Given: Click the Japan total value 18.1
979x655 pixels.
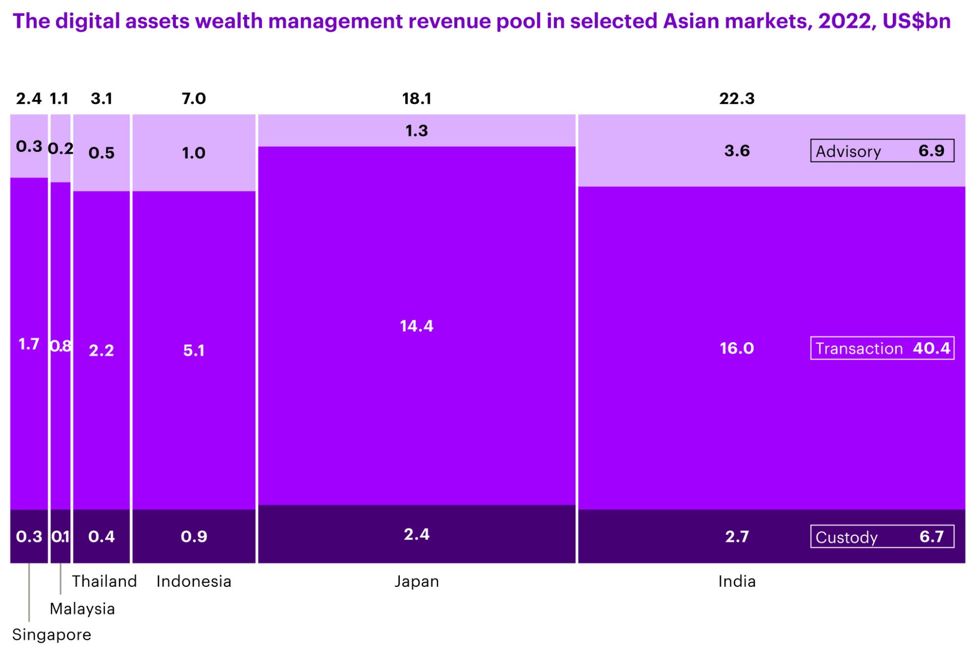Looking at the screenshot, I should tap(417, 98).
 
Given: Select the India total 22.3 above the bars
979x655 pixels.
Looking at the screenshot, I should tap(737, 98).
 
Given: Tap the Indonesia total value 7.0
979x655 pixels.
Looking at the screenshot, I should tap(194, 98).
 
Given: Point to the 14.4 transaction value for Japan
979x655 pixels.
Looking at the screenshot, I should tap(417, 326).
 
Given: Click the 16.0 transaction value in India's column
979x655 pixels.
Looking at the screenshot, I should tap(737, 348).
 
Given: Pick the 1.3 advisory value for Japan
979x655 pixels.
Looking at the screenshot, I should tap(417, 131).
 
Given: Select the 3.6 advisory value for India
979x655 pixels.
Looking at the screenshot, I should tap(737, 151).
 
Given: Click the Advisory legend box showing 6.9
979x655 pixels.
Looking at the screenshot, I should tap(882, 151).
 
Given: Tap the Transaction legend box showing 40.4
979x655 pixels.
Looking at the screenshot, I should tap(882, 348).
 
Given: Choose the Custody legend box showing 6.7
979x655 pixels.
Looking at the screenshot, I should tap(882, 537).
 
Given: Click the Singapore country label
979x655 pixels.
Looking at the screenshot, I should tap(51, 635).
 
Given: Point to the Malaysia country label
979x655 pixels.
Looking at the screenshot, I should tap(82, 609).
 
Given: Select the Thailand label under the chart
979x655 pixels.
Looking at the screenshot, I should tap(105, 581).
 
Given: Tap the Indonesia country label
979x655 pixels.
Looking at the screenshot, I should tap(194, 581).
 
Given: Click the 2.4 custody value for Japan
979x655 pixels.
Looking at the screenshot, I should tap(417, 534).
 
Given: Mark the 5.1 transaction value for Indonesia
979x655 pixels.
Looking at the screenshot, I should tap(194, 350).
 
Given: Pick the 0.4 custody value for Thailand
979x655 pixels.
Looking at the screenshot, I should tap(101, 537).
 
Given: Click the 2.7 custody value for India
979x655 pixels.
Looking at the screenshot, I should tap(737, 537).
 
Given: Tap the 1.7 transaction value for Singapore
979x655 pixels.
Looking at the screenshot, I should tap(29, 344).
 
